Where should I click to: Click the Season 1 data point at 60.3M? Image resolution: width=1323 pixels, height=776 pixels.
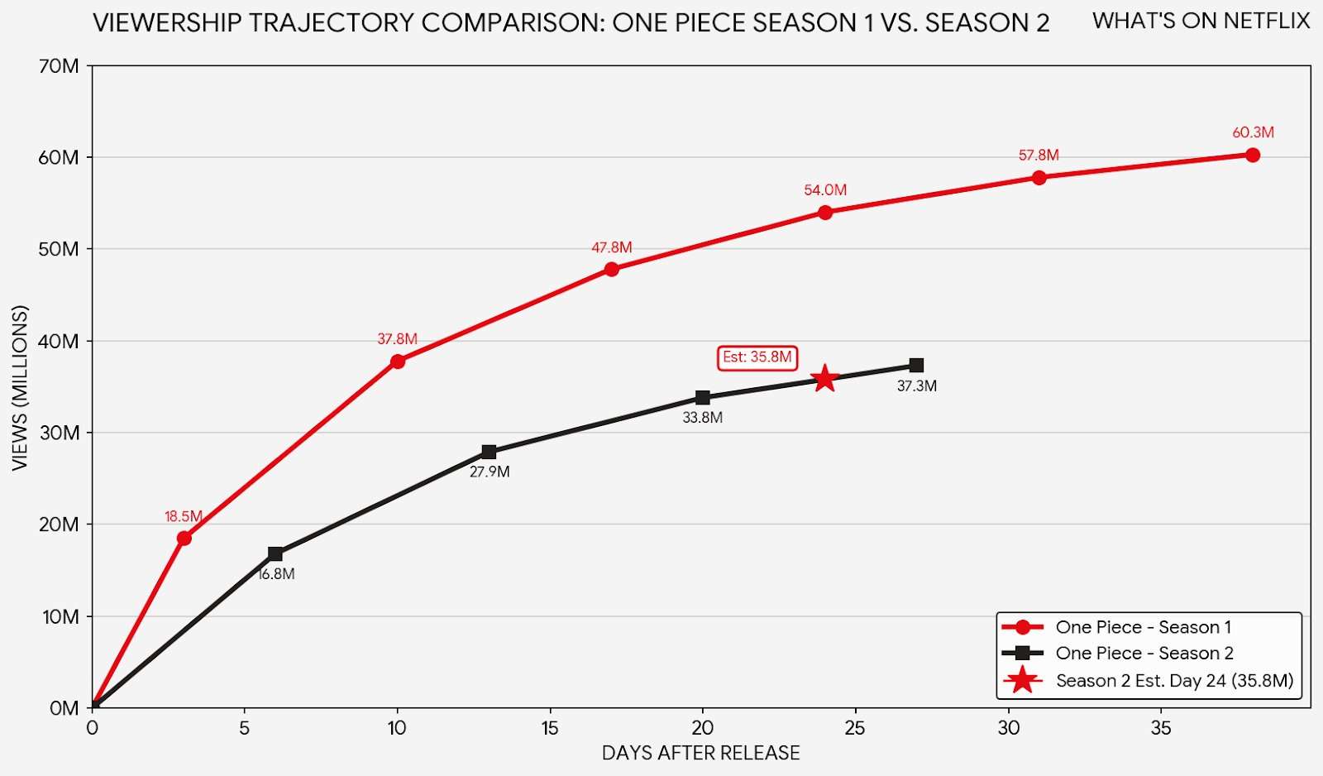coord(1252,156)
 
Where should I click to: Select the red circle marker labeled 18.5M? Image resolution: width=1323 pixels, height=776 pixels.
coord(184,538)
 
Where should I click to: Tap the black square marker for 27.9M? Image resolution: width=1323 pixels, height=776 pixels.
coord(489,452)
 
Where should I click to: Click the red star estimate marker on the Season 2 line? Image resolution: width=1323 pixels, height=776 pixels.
coord(824,379)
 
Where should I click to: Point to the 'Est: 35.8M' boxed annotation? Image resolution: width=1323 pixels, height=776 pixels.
coord(757,357)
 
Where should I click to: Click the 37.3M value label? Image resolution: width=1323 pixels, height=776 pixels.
coord(916,386)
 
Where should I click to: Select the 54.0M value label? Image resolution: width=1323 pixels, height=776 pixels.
coord(824,190)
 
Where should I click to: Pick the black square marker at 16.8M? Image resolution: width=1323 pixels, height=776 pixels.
coord(275,553)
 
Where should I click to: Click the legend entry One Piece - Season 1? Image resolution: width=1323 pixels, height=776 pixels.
coord(1143,627)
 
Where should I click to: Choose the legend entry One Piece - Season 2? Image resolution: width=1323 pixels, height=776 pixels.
coord(1144,654)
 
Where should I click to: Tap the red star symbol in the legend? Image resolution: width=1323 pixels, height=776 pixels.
coord(1023,680)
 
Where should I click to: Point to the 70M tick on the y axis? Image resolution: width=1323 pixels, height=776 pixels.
coord(60,66)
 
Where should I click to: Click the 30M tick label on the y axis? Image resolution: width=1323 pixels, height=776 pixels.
coord(60,433)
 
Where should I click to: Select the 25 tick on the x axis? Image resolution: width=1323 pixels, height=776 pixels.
coord(855,728)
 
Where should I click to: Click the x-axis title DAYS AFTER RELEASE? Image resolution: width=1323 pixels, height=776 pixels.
coord(700,753)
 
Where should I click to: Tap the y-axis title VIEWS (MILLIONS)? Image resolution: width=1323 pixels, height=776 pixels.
coord(20,388)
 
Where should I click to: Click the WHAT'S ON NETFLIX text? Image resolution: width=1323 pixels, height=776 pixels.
coord(1201,22)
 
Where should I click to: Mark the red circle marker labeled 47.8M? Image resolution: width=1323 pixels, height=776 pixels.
coord(611,269)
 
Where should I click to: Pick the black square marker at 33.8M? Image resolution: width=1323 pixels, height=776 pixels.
coord(702,398)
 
